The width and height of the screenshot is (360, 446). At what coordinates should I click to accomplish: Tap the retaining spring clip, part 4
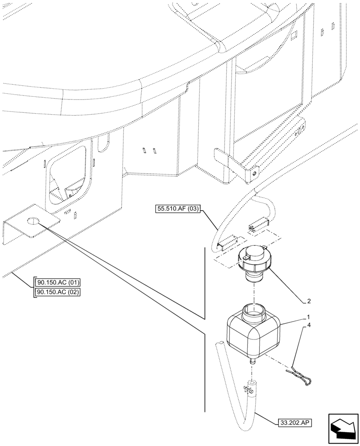coord(301,375)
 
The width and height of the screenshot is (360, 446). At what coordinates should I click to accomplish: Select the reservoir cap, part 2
coord(254,263)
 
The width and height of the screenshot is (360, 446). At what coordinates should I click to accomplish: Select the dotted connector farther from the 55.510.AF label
coord(258,225)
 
